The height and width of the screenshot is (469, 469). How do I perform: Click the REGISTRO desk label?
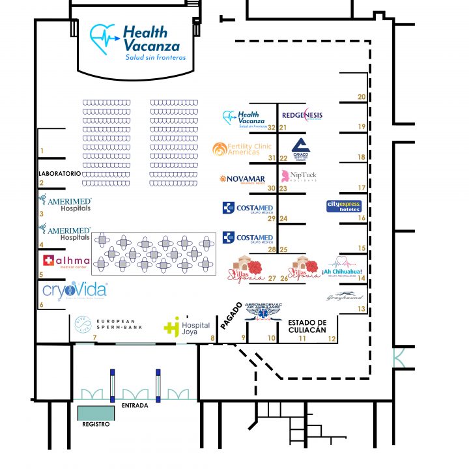click(x=95, y=423)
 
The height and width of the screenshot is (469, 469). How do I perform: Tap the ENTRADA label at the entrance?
click(x=135, y=406)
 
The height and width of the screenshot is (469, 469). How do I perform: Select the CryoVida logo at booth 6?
click(x=74, y=291)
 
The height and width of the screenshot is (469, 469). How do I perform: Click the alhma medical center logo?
click(x=66, y=262)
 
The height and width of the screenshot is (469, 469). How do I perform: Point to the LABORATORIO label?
click(x=60, y=174)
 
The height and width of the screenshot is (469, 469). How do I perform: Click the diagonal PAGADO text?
click(x=231, y=315)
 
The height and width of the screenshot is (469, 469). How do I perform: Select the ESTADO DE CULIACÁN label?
click(x=307, y=326)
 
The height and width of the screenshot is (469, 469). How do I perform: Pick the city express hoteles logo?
click(x=343, y=206)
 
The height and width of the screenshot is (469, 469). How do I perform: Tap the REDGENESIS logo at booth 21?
click(x=302, y=115)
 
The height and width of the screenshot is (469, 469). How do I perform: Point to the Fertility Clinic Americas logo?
click(x=242, y=149)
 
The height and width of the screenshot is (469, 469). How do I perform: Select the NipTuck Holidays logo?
click(x=299, y=176)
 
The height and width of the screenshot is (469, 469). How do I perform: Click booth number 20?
click(x=362, y=97)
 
